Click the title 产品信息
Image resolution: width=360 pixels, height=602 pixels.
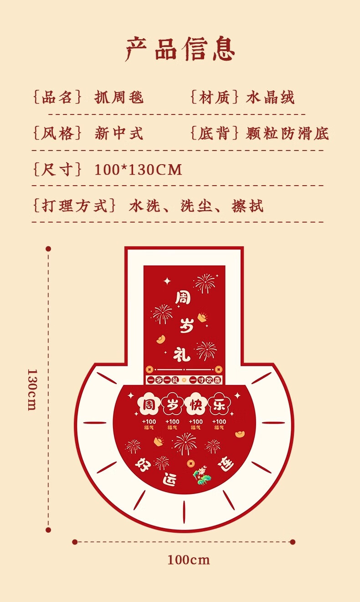(x=180, y=49)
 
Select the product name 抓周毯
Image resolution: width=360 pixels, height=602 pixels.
(x=119, y=97)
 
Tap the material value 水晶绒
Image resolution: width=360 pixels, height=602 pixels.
(x=271, y=97)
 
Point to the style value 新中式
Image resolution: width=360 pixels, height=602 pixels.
(x=119, y=133)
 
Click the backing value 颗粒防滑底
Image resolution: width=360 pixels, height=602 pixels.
(x=287, y=133)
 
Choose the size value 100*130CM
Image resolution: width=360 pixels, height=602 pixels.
(x=138, y=170)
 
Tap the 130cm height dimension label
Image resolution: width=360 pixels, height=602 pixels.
(x=32, y=389)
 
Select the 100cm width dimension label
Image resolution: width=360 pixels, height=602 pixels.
(x=188, y=560)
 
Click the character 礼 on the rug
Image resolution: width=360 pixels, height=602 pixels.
(x=182, y=353)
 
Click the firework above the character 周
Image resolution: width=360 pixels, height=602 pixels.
(x=205, y=283)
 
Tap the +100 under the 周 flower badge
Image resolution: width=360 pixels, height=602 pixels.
(x=149, y=422)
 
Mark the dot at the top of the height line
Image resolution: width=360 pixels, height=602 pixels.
(x=48, y=249)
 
